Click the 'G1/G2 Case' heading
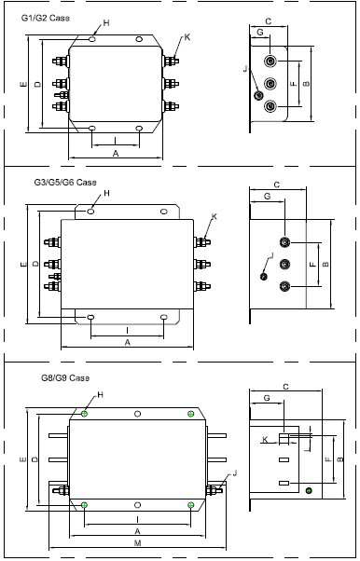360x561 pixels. point(46,18)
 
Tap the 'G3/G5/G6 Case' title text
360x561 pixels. point(65,182)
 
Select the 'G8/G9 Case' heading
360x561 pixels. point(65,377)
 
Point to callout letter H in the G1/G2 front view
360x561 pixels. point(106,23)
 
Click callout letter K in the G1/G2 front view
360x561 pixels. point(187,37)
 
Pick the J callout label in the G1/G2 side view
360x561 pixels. point(245,69)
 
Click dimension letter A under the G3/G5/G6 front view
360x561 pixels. point(127,342)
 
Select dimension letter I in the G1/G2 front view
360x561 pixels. point(115,140)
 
